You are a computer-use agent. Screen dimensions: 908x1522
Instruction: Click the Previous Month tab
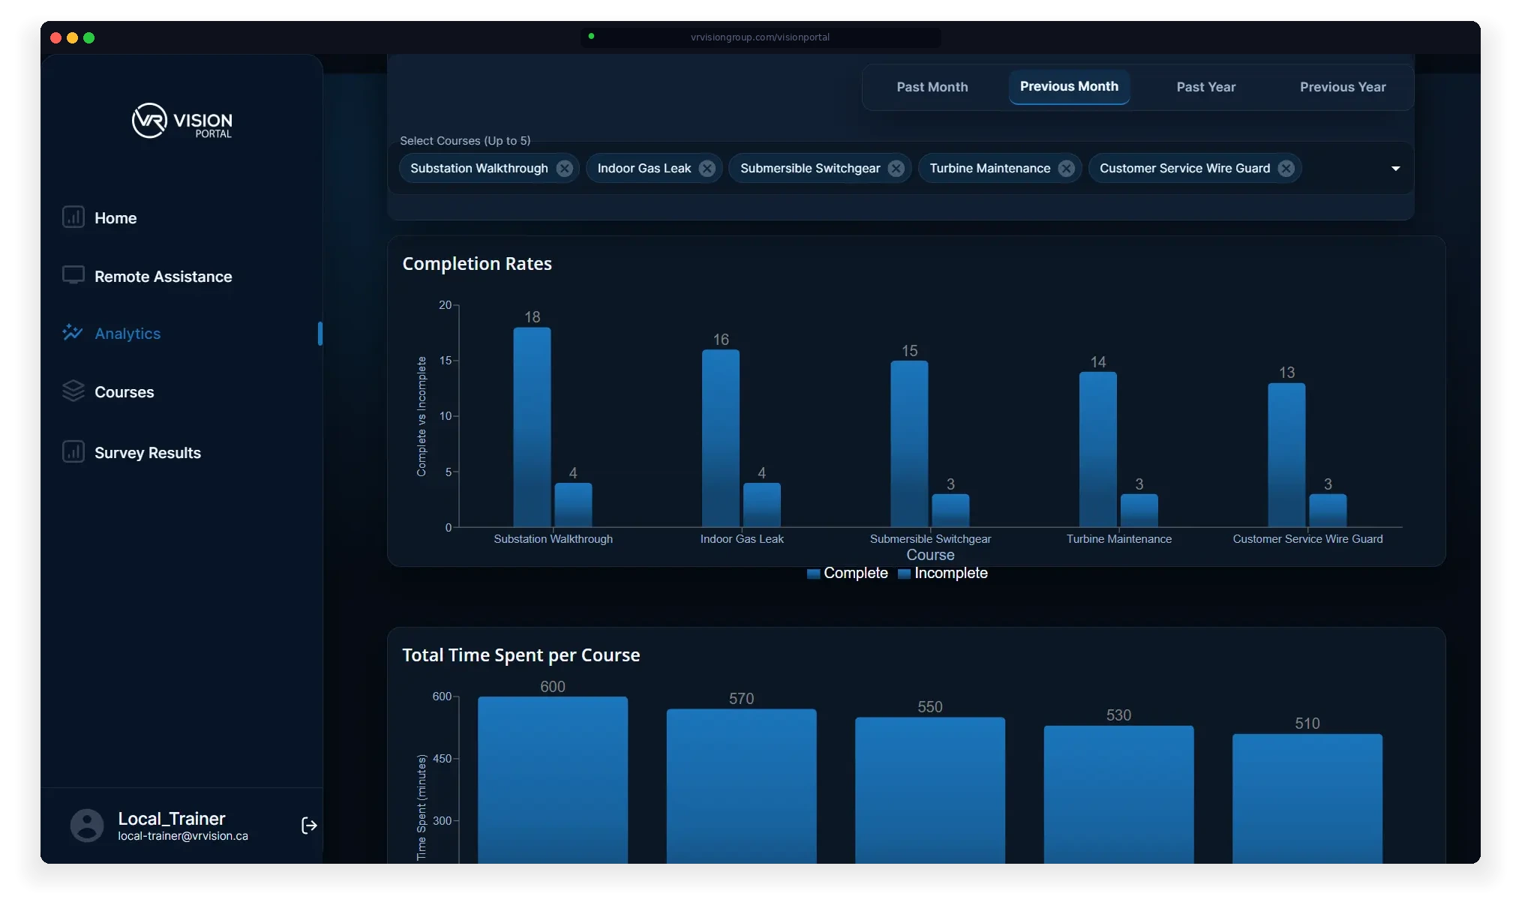[x=1069, y=87]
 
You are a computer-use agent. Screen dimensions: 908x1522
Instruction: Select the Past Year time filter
[x=1205, y=87]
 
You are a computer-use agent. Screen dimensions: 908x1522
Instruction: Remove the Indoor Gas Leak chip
[x=707, y=169]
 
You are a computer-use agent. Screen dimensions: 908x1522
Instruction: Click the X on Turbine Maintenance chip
[x=1066, y=169]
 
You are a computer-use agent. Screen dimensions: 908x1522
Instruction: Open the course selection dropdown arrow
[x=1395, y=169]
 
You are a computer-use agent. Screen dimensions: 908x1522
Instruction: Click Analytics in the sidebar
[x=128, y=334]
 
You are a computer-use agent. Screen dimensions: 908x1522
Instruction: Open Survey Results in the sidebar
[x=147, y=453]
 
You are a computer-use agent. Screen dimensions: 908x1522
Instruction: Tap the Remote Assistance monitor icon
[x=73, y=275]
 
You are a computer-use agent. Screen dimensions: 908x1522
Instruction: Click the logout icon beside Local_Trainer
[x=308, y=826]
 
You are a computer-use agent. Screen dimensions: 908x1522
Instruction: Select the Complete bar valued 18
[x=532, y=427]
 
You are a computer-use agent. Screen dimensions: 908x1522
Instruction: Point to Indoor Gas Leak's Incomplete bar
[x=761, y=505]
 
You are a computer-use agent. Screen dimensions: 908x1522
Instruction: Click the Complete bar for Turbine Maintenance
[x=1097, y=450]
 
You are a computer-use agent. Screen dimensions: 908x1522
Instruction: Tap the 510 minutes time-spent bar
[x=1307, y=799]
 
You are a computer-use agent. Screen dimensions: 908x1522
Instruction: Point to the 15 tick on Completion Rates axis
[x=446, y=361]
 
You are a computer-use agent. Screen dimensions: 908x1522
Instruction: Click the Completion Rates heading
[x=477, y=264]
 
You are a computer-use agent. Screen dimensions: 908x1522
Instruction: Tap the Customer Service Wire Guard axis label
[x=1307, y=539]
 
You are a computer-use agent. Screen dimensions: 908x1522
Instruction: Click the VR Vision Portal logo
[x=182, y=121]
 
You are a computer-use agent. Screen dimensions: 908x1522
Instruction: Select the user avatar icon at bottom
[x=87, y=826]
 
